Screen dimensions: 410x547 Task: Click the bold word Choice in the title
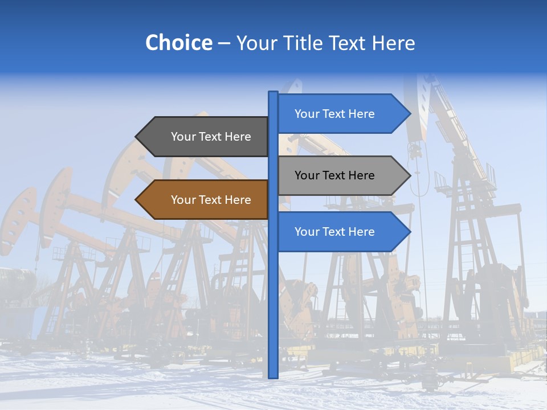pyautogui.click(x=178, y=43)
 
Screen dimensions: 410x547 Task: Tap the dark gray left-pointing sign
pyautogui.click(x=205, y=137)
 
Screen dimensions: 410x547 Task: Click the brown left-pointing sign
pyautogui.click(x=205, y=200)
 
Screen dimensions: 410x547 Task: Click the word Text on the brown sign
pyautogui.click(x=211, y=200)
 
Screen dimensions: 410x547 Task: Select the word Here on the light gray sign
pyautogui.click(x=361, y=175)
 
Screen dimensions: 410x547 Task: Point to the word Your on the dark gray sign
pyautogui.click(x=183, y=137)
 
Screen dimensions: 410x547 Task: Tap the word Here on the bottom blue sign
pyautogui.click(x=361, y=232)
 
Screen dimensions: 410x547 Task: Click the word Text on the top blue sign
pyautogui.click(x=334, y=114)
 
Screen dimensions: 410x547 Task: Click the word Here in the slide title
pyautogui.click(x=393, y=43)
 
